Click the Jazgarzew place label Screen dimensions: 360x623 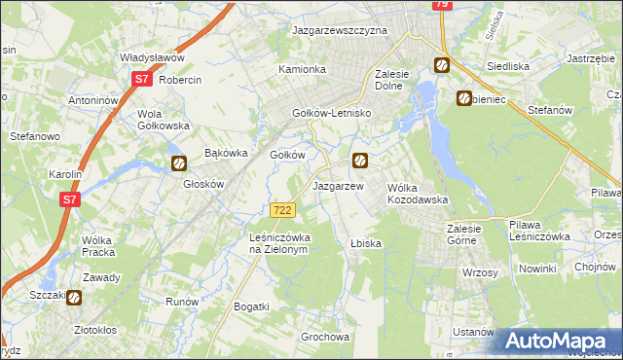click(x=337, y=186)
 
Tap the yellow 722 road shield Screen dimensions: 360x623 click(x=282, y=210)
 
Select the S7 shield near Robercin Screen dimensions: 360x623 click(x=141, y=79)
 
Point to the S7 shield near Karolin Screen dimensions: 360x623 click(x=69, y=199)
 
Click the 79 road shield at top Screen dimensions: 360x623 click(x=442, y=5)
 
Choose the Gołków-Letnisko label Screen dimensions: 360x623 click(x=333, y=113)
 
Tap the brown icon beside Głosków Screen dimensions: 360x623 click(x=179, y=163)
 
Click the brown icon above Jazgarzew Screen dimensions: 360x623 click(x=360, y=161)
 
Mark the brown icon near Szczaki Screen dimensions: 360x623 click(x=74, y=299)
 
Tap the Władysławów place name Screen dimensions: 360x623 click(x=152, y=57)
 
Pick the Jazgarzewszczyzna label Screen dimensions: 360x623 click(x=340, y=30)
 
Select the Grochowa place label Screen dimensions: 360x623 click(x=325, y=338)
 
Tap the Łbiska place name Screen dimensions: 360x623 click(x=365, y=242)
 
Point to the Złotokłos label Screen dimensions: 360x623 click(x=103, y=330)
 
